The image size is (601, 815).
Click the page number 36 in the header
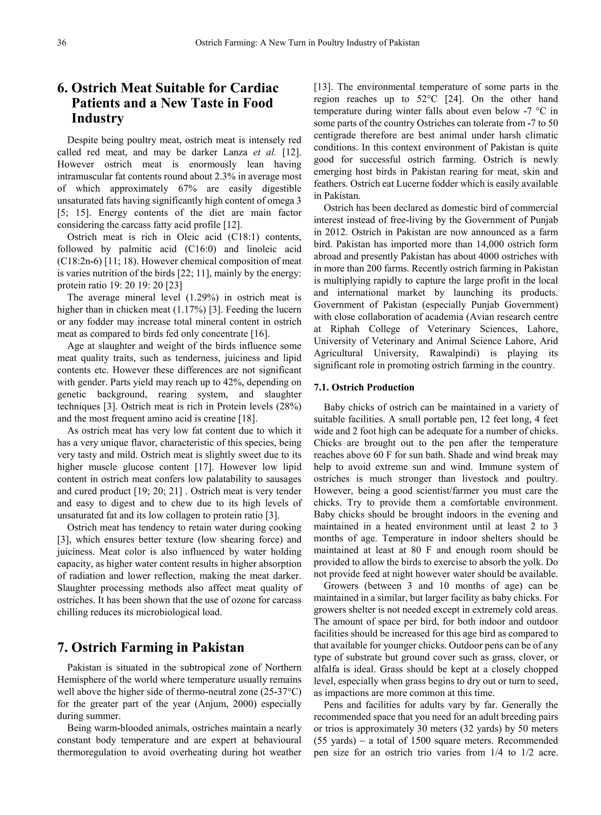[x=62, y=43]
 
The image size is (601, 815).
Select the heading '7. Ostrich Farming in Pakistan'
[x=151, y=647]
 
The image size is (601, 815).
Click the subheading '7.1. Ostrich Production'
[x=364, y=387]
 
